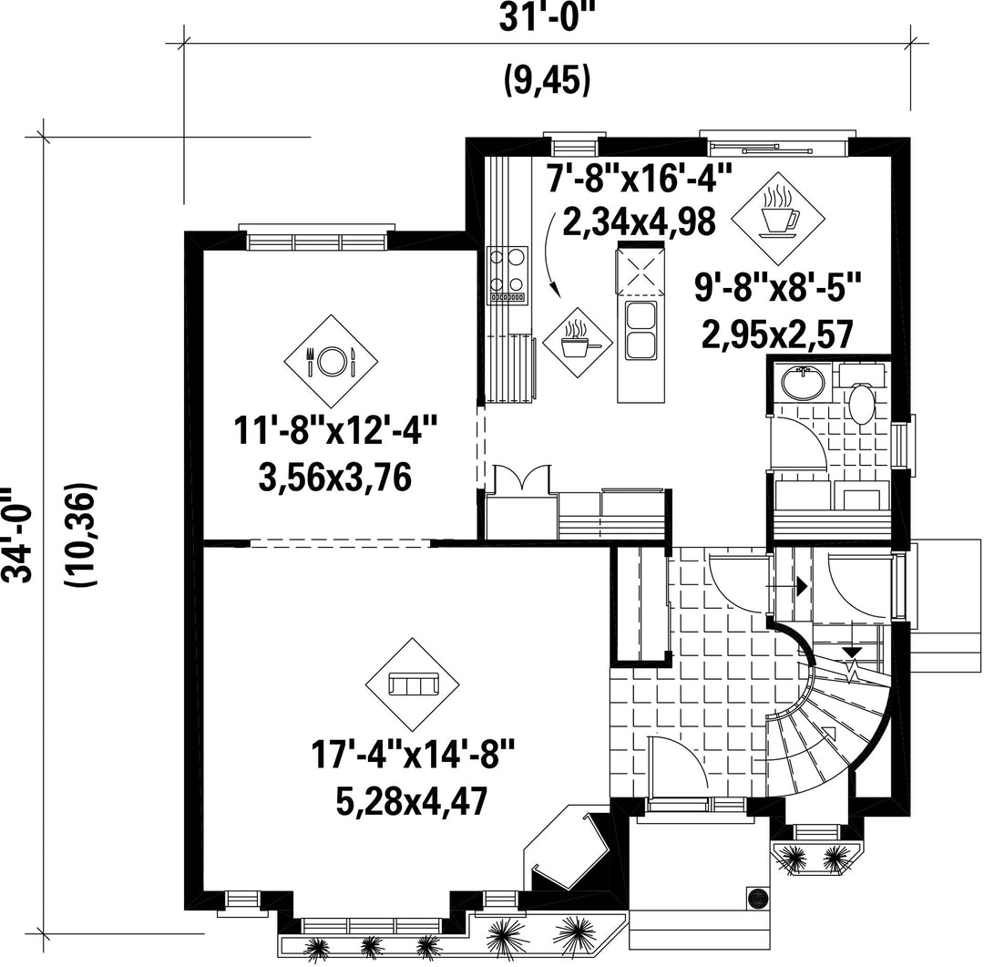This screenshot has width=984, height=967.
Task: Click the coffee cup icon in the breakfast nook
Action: [778, 219]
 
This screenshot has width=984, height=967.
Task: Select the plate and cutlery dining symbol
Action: [331, 361]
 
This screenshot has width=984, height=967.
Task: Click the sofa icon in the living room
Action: [413, 684]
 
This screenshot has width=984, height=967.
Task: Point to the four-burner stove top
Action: [507, 275]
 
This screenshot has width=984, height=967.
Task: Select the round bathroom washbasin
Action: [802, 383]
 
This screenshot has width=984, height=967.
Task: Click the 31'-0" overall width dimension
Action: [546, 17]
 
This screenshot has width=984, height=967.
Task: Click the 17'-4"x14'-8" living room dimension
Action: [413, 754]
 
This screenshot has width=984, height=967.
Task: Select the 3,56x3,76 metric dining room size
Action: [334, 478]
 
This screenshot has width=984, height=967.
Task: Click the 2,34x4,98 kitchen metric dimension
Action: [640, 221]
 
